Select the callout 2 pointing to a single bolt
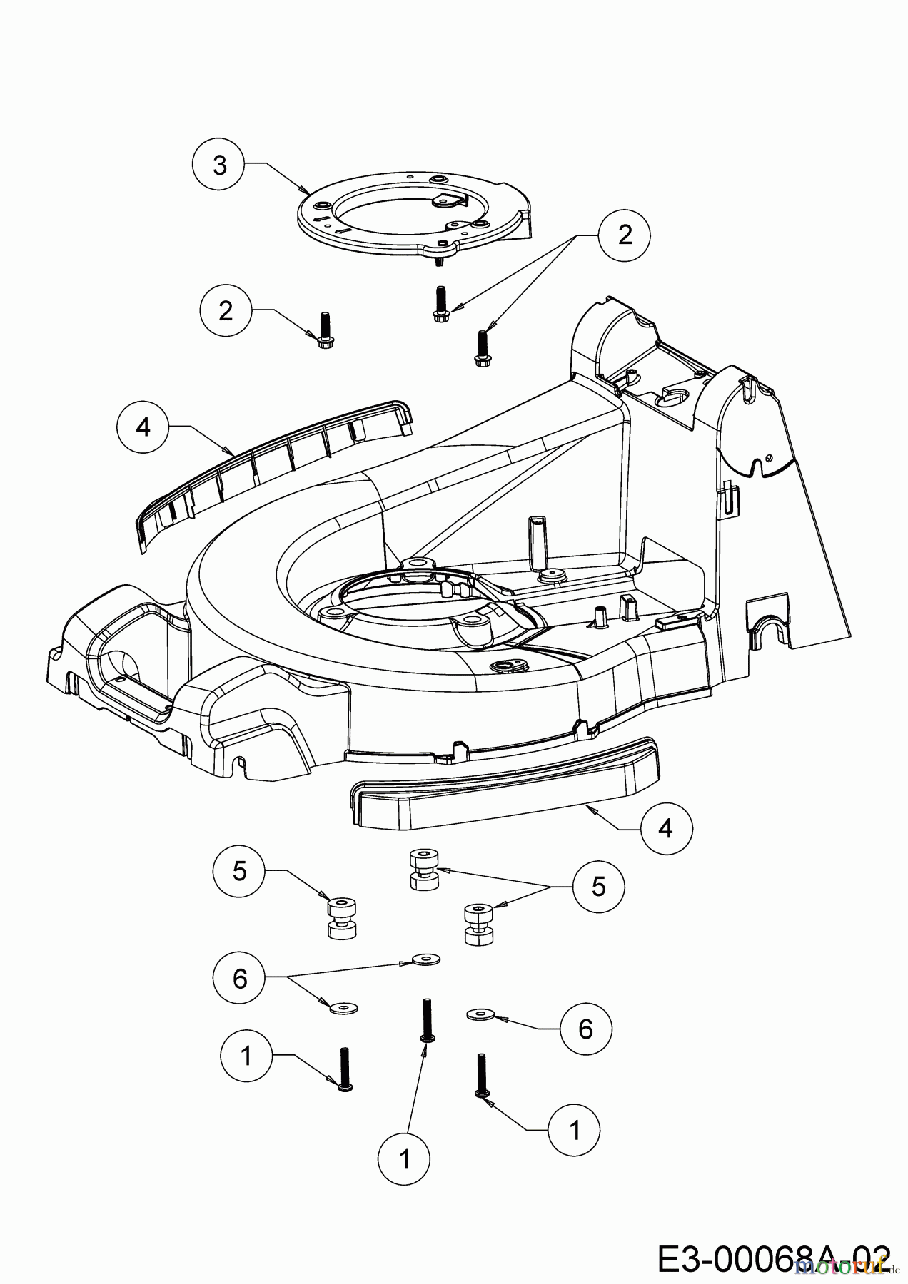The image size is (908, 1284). [x=226, y=311]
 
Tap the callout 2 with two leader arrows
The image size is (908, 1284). [x=625, y=235]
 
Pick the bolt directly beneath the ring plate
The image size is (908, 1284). [x=439, y=302]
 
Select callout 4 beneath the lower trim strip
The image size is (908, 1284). [x=666, y=828]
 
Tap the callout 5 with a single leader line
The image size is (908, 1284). [x=239, y=870]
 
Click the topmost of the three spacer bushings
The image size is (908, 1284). [x=424, y=870]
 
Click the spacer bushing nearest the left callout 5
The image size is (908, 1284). [x=340, y=919]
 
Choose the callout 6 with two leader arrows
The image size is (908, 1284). [x=239, y=978]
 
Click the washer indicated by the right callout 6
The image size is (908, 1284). [x=480, y=1013]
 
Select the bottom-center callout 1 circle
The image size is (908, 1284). [x=405, y=1159]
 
